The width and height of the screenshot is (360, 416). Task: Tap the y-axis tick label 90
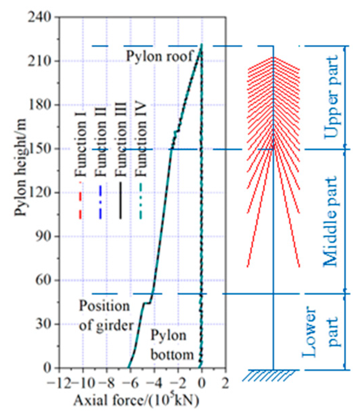48,236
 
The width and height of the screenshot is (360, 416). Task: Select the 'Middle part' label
330,221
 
